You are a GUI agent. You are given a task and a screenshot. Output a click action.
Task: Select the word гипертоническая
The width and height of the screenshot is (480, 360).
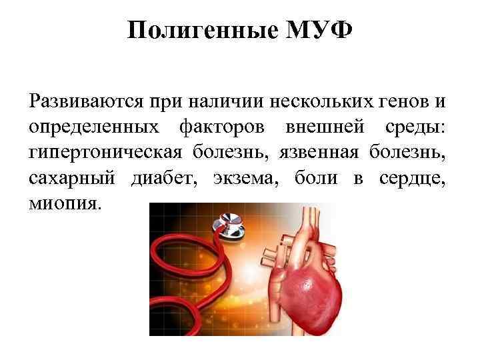click(105, 152)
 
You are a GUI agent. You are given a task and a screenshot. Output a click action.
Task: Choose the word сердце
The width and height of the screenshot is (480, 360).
click(413, 177)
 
